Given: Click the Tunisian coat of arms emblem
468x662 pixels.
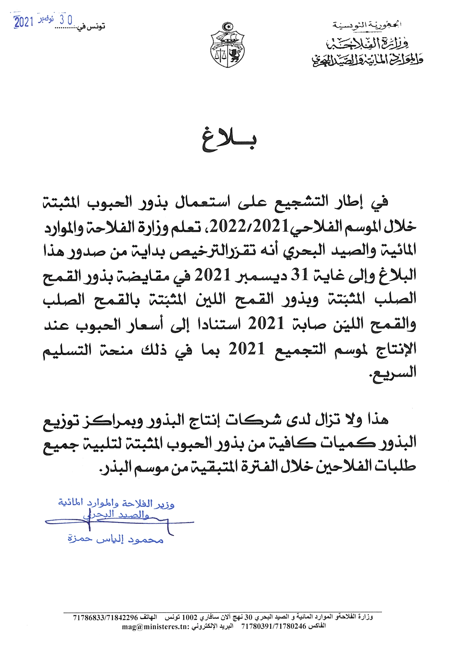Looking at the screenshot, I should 227,45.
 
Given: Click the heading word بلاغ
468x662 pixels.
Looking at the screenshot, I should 229,140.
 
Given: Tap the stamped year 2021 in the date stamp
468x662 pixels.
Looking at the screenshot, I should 24,22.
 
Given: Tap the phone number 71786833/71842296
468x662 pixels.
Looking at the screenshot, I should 106,618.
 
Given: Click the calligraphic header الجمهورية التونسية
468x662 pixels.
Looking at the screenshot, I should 366,25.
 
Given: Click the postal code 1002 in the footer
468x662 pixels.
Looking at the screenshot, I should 190,618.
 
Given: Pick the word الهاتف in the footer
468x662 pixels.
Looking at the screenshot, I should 148,618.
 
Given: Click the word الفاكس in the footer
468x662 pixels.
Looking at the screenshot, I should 317,627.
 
